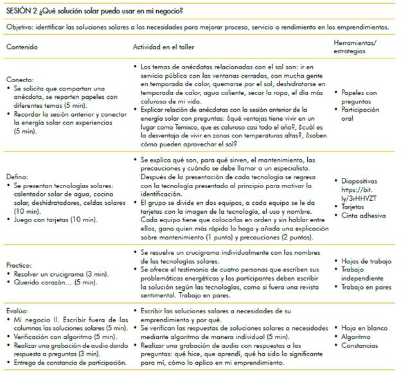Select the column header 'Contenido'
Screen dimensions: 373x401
point(22,48)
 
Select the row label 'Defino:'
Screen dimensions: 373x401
point(17,176)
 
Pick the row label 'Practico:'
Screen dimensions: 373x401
point(21,266)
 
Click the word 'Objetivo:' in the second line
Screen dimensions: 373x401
point(19,28)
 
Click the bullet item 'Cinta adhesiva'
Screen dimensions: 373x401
point(364,214)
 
